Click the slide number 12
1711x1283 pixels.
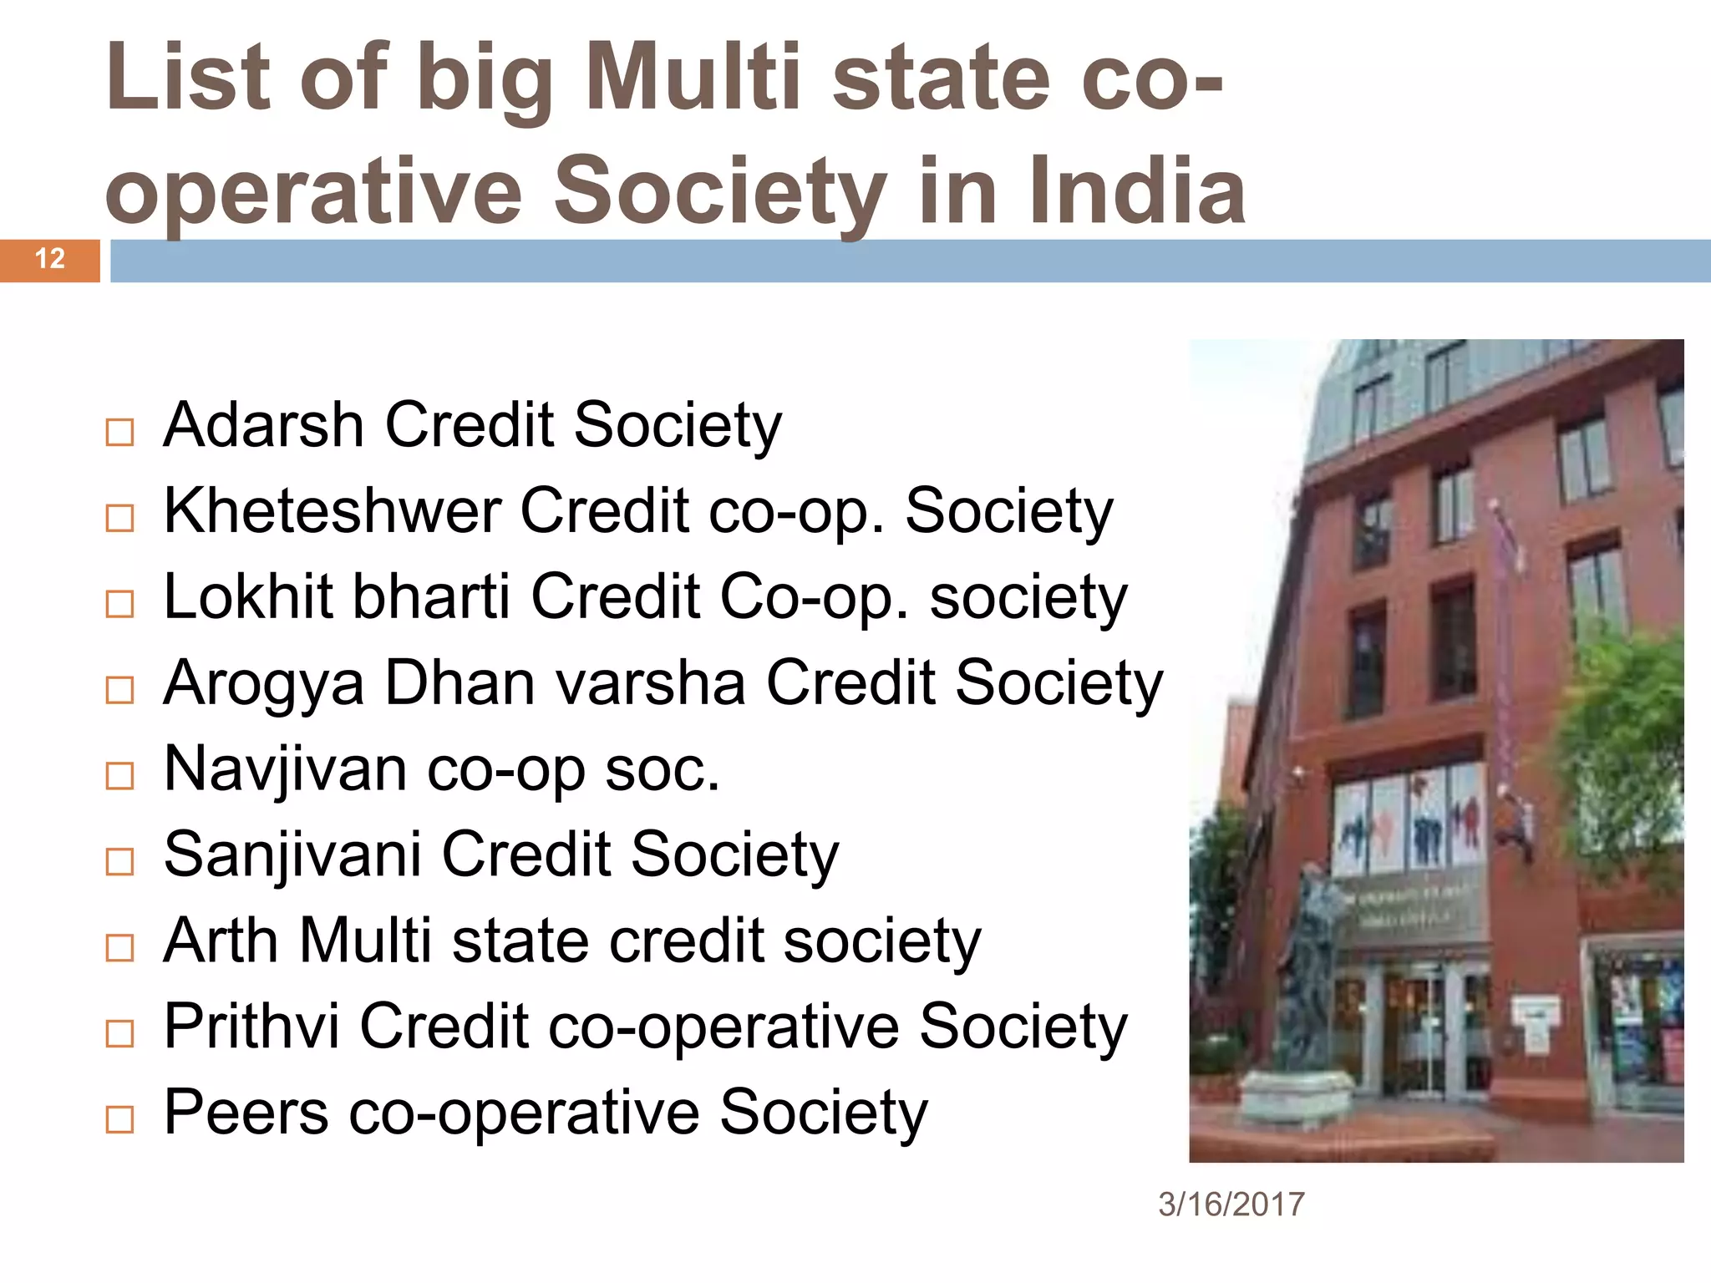tap(50, 259)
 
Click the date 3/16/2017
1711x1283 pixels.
tap(1231, 1204)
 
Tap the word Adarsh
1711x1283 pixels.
tap(264, 425)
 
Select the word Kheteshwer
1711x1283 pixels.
tap(333, 510)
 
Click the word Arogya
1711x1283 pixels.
tap(264, 684)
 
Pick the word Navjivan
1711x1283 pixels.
tap(286, 769)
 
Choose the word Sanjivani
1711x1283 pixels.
tap(292, 854)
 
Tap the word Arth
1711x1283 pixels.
tap(221, 941)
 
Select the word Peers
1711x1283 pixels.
tap(246, 1113)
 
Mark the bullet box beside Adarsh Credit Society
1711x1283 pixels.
tap(120, 433)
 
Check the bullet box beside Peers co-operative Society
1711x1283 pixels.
tap(120, 1119)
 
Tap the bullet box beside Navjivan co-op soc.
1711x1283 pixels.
tap(120, 776)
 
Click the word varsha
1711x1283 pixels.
tap(650, 684)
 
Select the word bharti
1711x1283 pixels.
tap(431, 596)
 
